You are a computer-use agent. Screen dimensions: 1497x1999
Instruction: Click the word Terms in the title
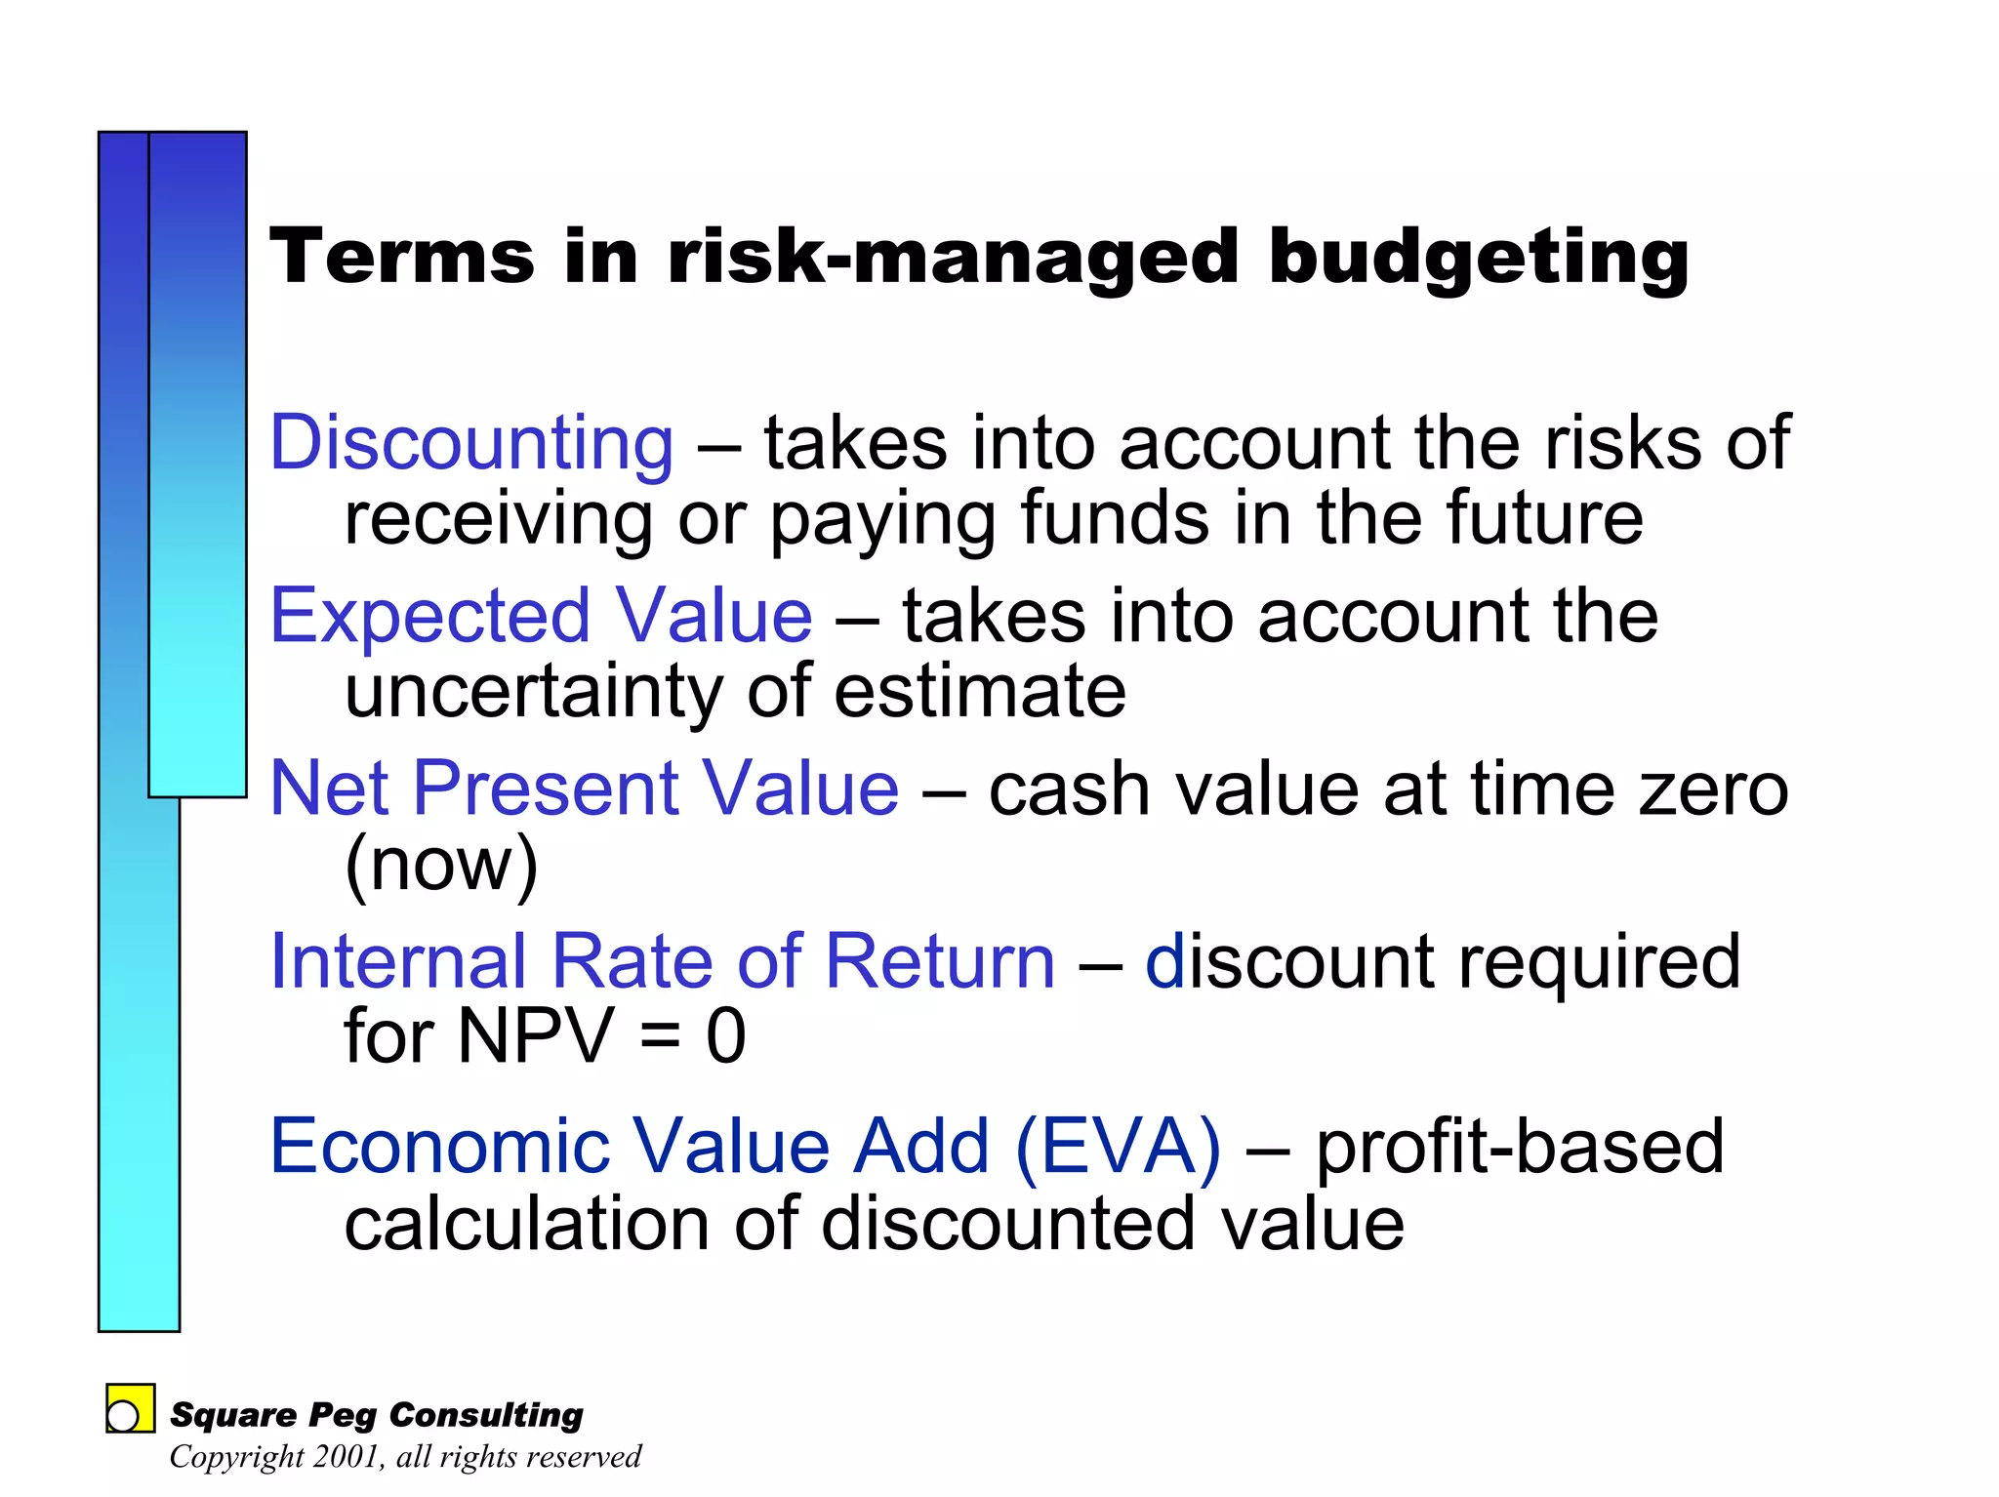401,256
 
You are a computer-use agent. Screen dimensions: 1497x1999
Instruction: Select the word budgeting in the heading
1478,258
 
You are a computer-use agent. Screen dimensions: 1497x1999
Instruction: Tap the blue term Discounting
471,443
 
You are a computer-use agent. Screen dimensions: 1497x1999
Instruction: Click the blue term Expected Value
541,616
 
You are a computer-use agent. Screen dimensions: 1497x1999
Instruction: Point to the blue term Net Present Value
584,789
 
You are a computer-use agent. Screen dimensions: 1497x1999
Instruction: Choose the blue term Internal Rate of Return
662,961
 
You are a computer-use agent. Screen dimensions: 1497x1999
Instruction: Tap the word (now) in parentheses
441,865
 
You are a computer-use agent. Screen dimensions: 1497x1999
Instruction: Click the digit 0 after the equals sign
726,1036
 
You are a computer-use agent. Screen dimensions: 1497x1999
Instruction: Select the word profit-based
1520,1148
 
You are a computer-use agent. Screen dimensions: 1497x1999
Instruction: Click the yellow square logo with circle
130,1408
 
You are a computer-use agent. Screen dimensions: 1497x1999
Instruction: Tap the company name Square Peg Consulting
377,1415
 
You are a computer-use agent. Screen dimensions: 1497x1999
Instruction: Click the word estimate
980,692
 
